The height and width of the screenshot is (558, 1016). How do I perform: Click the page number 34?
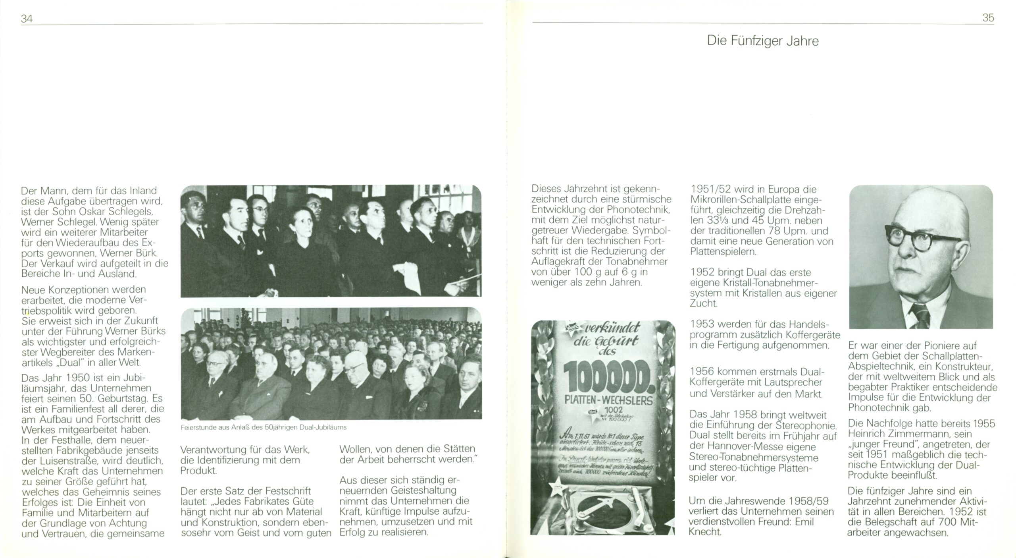tap(27, 18)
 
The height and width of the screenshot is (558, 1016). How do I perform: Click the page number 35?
tap(988, 18)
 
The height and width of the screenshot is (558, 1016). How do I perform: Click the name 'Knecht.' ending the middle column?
tap(705, 531)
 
